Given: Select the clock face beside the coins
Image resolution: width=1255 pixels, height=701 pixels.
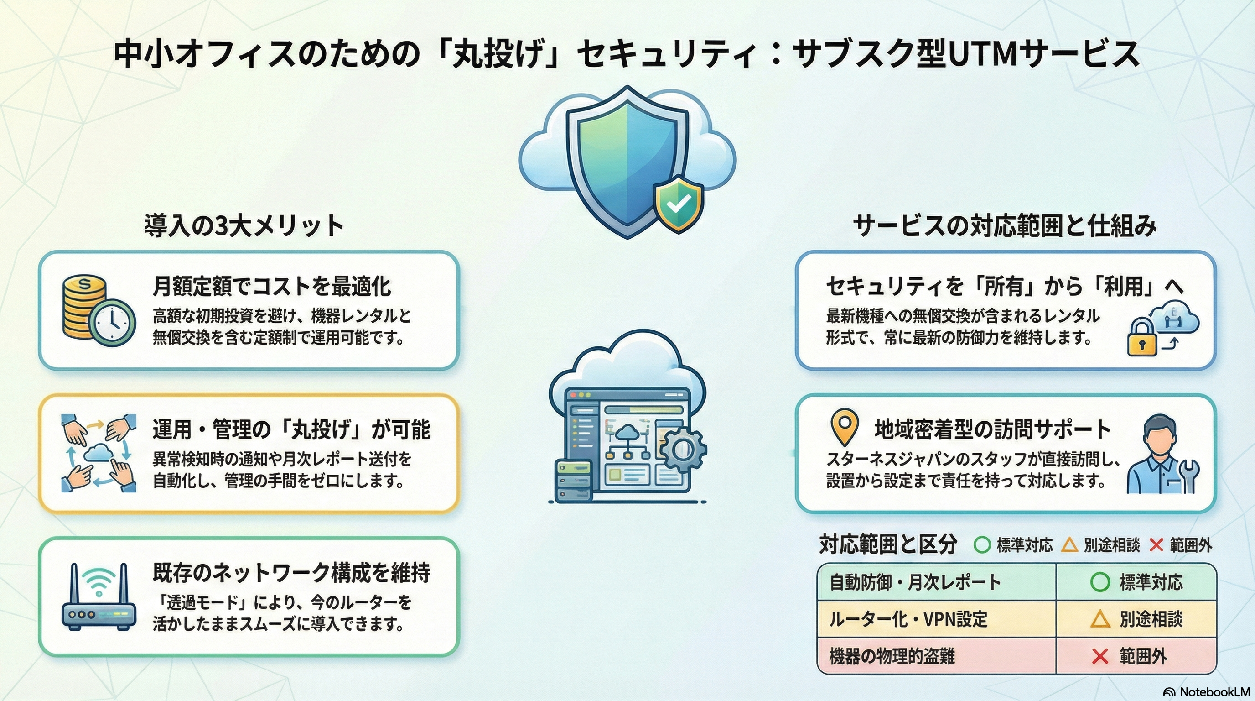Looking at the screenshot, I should point(112,322).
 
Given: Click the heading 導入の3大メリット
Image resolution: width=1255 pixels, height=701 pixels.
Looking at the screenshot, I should point(244,226).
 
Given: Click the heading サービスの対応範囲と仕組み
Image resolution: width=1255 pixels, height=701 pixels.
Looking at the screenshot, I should point(1005,226).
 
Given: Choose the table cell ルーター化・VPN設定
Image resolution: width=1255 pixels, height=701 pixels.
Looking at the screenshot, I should point(908,619).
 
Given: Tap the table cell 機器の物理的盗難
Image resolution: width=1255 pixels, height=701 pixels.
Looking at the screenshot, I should point(892,656).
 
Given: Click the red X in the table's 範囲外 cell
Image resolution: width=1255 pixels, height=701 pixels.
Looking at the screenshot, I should point(1099,657).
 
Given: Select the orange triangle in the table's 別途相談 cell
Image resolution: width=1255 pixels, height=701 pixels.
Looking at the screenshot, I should point(1099,620).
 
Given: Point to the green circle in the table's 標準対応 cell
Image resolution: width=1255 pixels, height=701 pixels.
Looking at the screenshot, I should point(1099,582).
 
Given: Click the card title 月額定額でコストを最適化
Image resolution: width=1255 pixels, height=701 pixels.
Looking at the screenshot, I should point(271,286).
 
